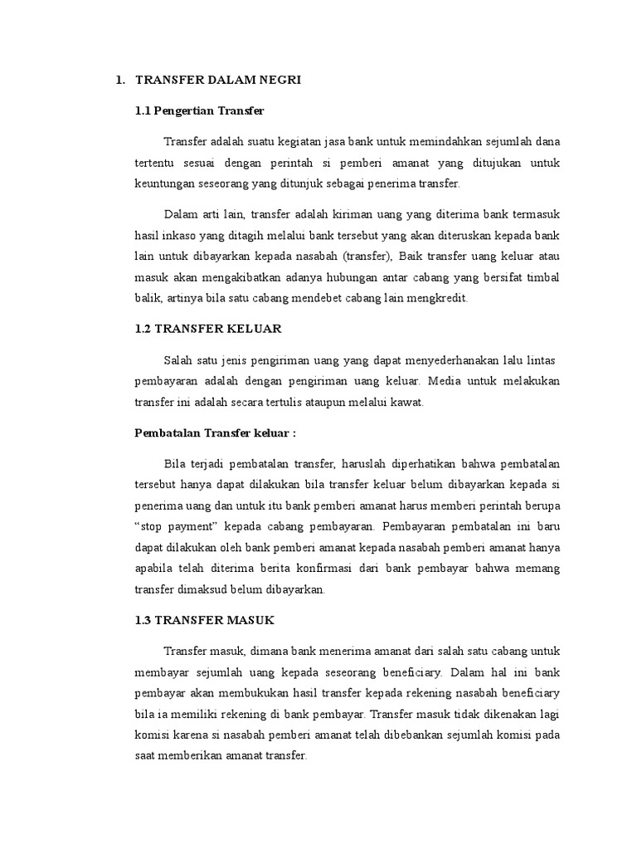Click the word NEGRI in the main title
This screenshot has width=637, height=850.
click(281, 80)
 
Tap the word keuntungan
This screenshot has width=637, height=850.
click(163, 183)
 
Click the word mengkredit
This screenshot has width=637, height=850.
click(440, 298)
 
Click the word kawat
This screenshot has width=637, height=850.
click(407, 403)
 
